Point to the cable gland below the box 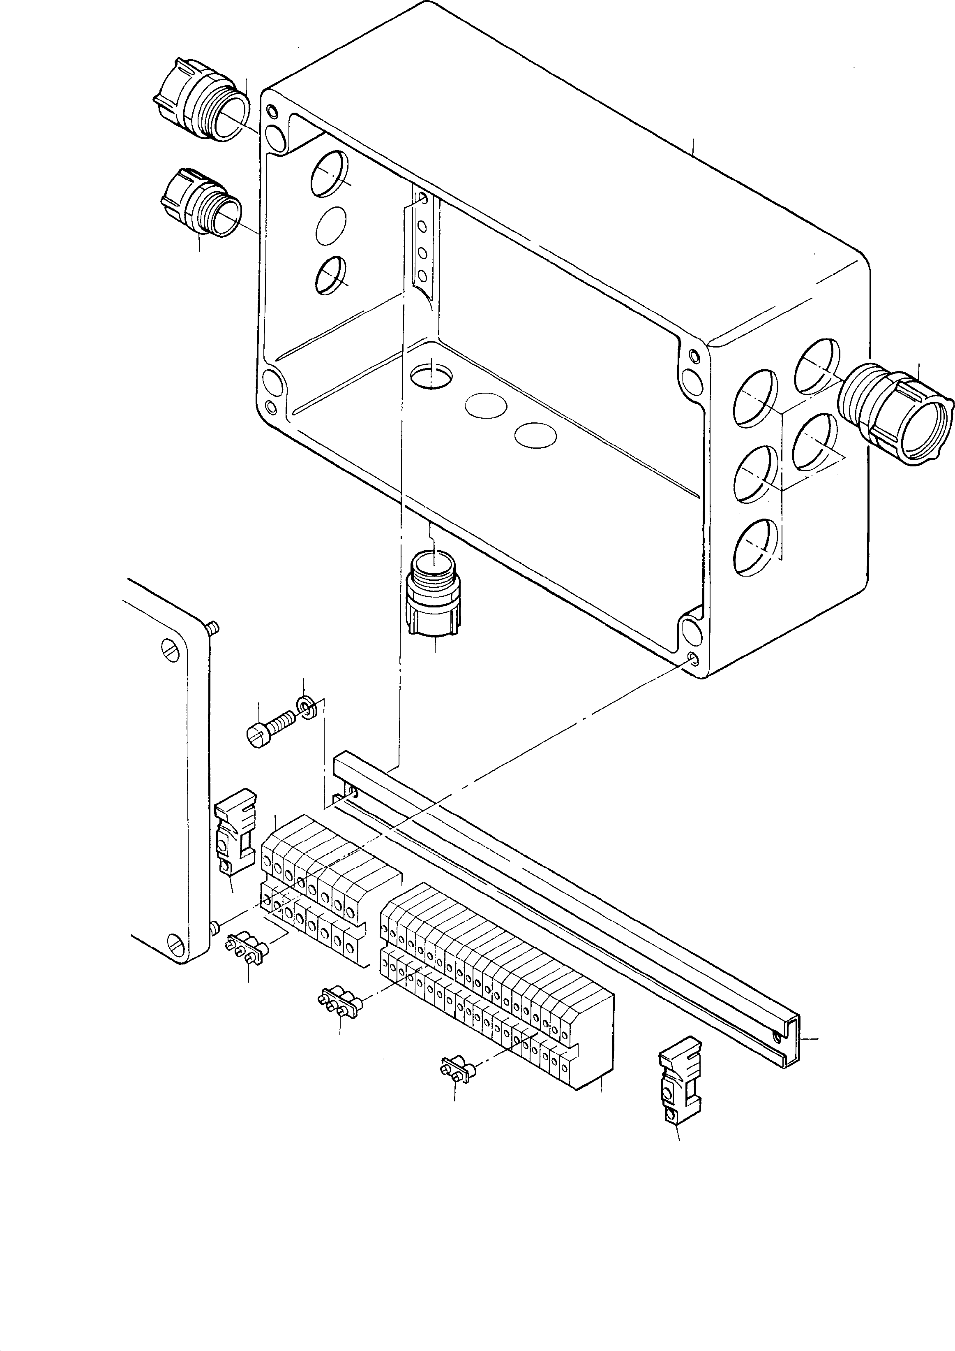tap(434, 594)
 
